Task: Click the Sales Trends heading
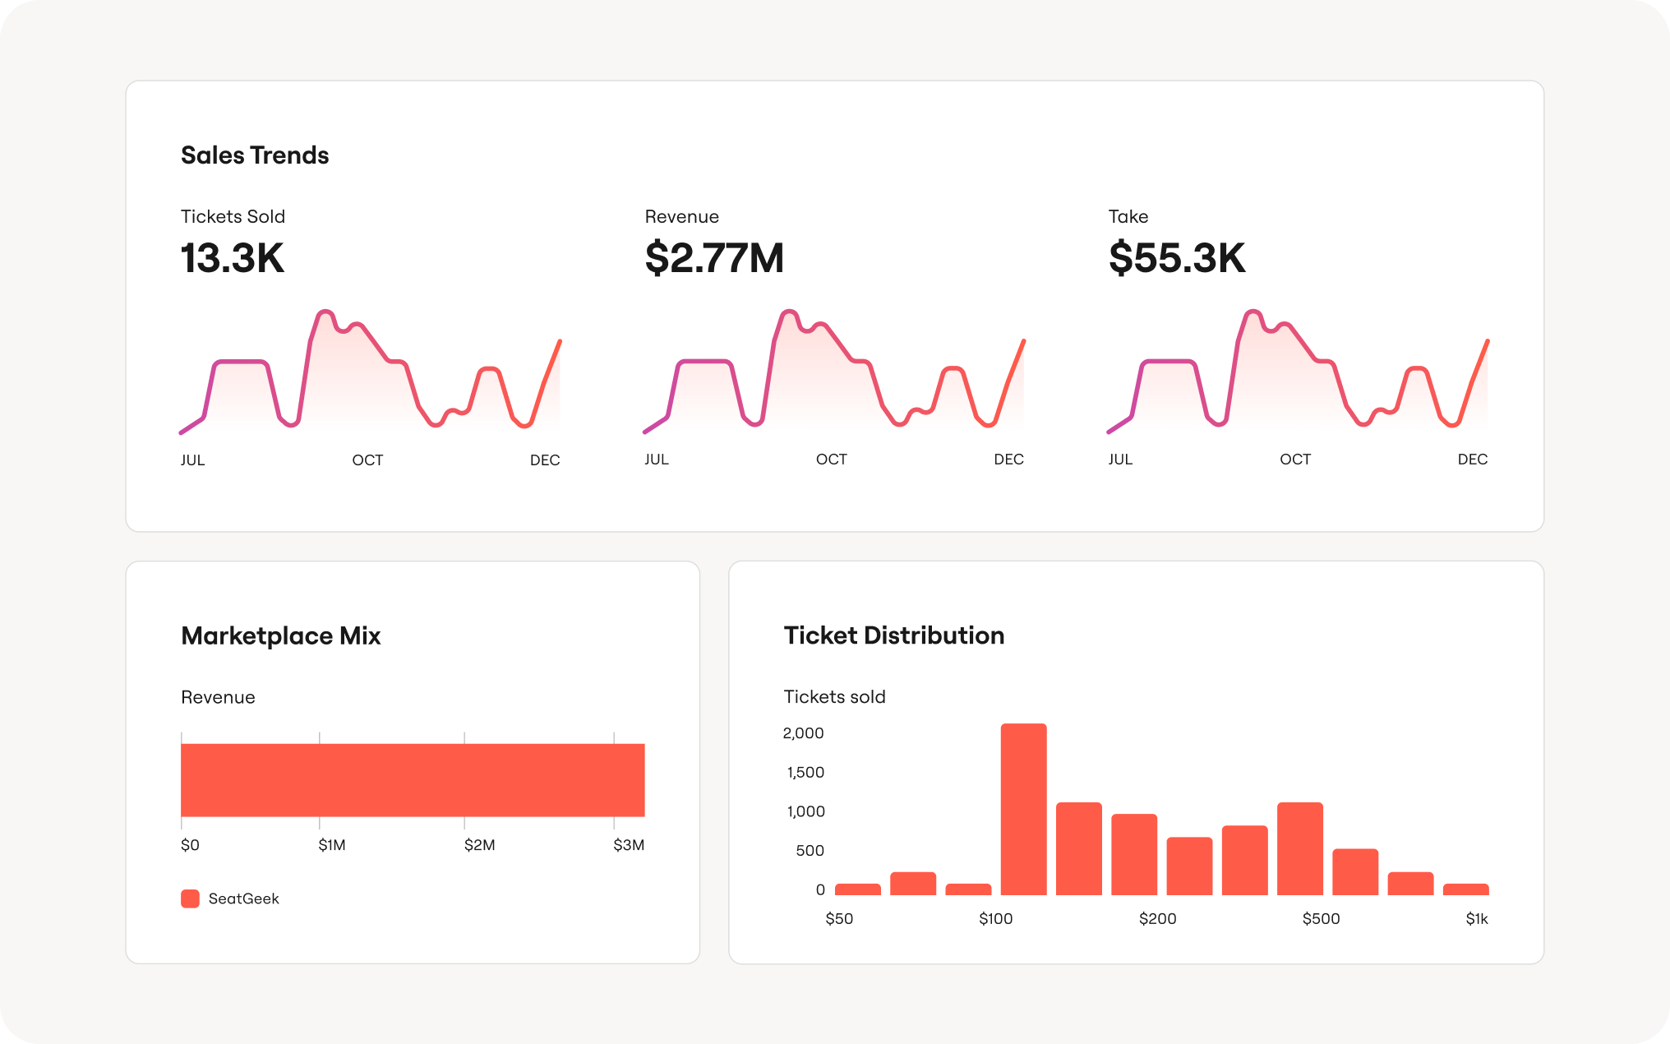coord(255,155)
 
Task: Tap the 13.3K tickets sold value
coord(233,258)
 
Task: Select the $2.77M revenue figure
coord(714,258)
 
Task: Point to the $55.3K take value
coord(1177,258)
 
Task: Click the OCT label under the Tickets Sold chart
coord(367,460)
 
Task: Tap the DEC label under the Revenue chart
coord(1008,460)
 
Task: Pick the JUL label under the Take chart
coord(1120,460)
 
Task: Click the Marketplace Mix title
coord(281,636)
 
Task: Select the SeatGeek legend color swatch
coord(190,898)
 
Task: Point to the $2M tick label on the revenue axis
coord(479,845)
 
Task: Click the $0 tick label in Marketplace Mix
coord(190,845)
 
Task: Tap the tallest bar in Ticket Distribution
coord(1023,809)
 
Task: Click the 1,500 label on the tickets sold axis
coord(805,772)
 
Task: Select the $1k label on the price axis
coord(1477,919)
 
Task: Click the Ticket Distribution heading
coord(894,635)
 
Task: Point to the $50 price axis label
coord(839,919)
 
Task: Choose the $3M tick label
coord(629,845)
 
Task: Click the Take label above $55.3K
coord(1128,216)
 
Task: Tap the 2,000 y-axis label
coord(803,733)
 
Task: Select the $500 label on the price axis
coord(1321,919)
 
